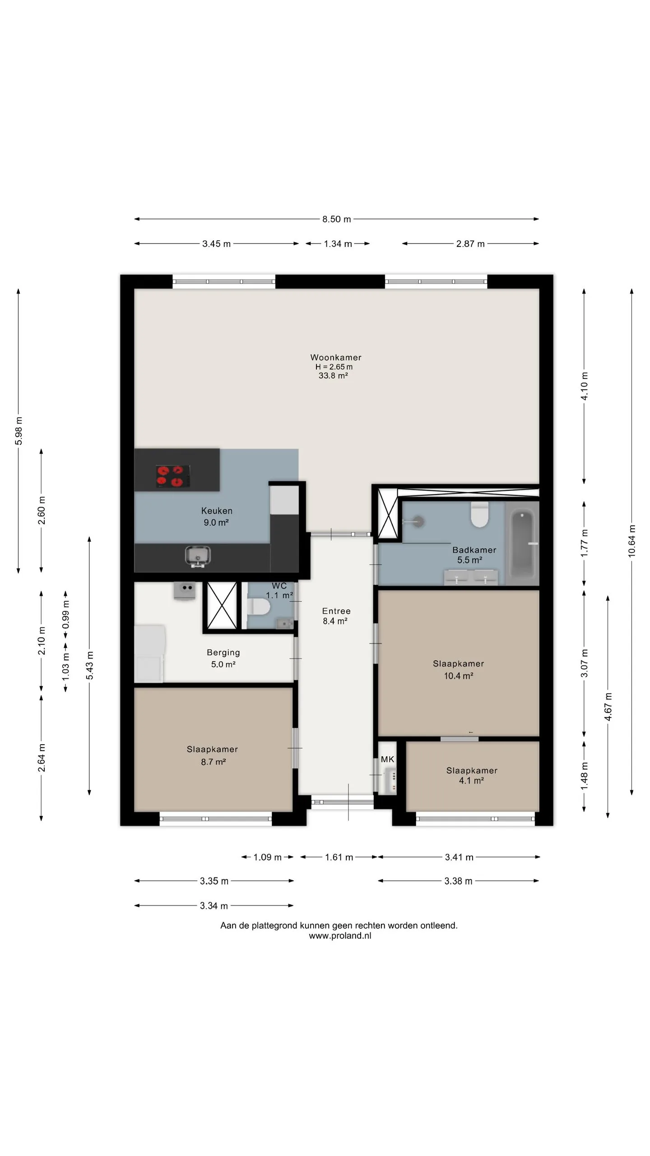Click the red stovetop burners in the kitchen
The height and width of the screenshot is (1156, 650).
tap(173, 476)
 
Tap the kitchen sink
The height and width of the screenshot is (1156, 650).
tap(198, 556)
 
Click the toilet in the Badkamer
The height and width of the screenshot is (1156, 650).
tap(479, 515)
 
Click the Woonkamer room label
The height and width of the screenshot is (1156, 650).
tap(336, 357)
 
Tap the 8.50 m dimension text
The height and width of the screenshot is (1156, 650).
tap(336, 219)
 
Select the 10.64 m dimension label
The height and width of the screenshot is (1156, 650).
tap(631, 541)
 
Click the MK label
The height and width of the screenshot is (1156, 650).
tap(388, 759)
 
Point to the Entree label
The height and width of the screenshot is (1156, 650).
tap(336, 611)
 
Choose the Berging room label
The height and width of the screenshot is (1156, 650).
tap(223, 653)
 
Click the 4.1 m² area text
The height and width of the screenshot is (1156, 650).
tap(472, 780)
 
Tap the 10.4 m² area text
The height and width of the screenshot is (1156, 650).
tap(459, 676)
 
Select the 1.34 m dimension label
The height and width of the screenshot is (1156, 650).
tap(338, 244)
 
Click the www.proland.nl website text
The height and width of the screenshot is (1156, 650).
tap(340, 936)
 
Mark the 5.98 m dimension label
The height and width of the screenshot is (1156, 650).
tap(19, 431)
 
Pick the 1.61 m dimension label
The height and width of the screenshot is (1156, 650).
tap(339, 857)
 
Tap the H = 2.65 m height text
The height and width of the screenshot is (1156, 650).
tap(334, 367)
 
